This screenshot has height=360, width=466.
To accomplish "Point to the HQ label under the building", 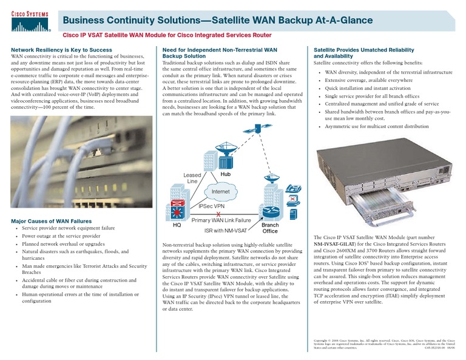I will (177, 225).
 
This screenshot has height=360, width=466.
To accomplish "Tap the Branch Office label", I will (270, 228).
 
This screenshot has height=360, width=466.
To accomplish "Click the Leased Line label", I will (192, 178).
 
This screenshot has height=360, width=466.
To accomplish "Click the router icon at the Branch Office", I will (269, 212).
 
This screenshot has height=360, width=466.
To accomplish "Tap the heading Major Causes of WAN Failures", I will (52, 221).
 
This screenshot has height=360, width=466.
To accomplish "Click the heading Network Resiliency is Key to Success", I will (62, 49).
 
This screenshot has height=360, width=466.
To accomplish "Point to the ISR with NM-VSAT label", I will (225, 231).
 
